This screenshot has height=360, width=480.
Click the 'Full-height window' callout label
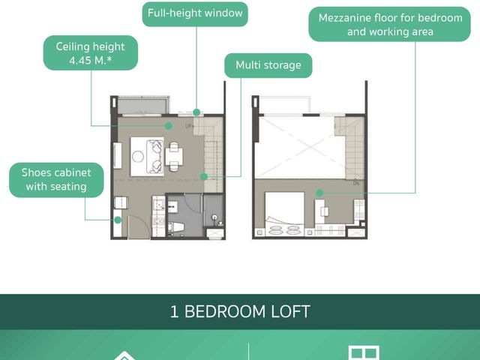[x=195, y=14]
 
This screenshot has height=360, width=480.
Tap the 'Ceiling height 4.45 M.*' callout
[x=91, y=53]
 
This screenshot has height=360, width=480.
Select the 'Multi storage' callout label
[x=268, y=65]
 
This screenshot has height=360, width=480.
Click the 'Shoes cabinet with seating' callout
[x=56, y=180]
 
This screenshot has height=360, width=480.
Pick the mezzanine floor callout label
[x=390, y=25]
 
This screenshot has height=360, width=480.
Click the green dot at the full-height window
[x=196, y=112]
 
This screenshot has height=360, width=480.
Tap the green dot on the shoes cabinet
[x=118, y=220]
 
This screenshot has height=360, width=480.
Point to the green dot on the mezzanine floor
[x=319, y=193]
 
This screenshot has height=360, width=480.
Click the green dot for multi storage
[x=204, y=177]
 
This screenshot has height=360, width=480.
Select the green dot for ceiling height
[x=168, y=126]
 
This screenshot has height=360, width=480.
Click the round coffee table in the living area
[x=138, y=157]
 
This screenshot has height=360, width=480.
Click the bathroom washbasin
[x=172, y=207]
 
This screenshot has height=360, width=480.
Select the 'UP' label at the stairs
[x=188, y=125]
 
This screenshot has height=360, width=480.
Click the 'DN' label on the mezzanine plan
[x=356, y=183]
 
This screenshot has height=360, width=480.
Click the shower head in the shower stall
[x=215, y=217]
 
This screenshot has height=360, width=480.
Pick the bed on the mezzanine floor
[x=285, y=214]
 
